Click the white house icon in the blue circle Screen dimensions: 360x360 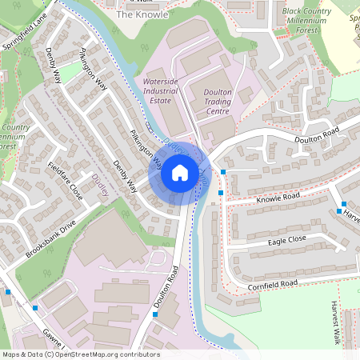[x=180, y=173]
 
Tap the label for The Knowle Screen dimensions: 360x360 [x=142, y=14]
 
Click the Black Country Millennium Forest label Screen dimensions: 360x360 [x=310, y=19]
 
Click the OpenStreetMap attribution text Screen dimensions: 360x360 [x=80, y=354]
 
